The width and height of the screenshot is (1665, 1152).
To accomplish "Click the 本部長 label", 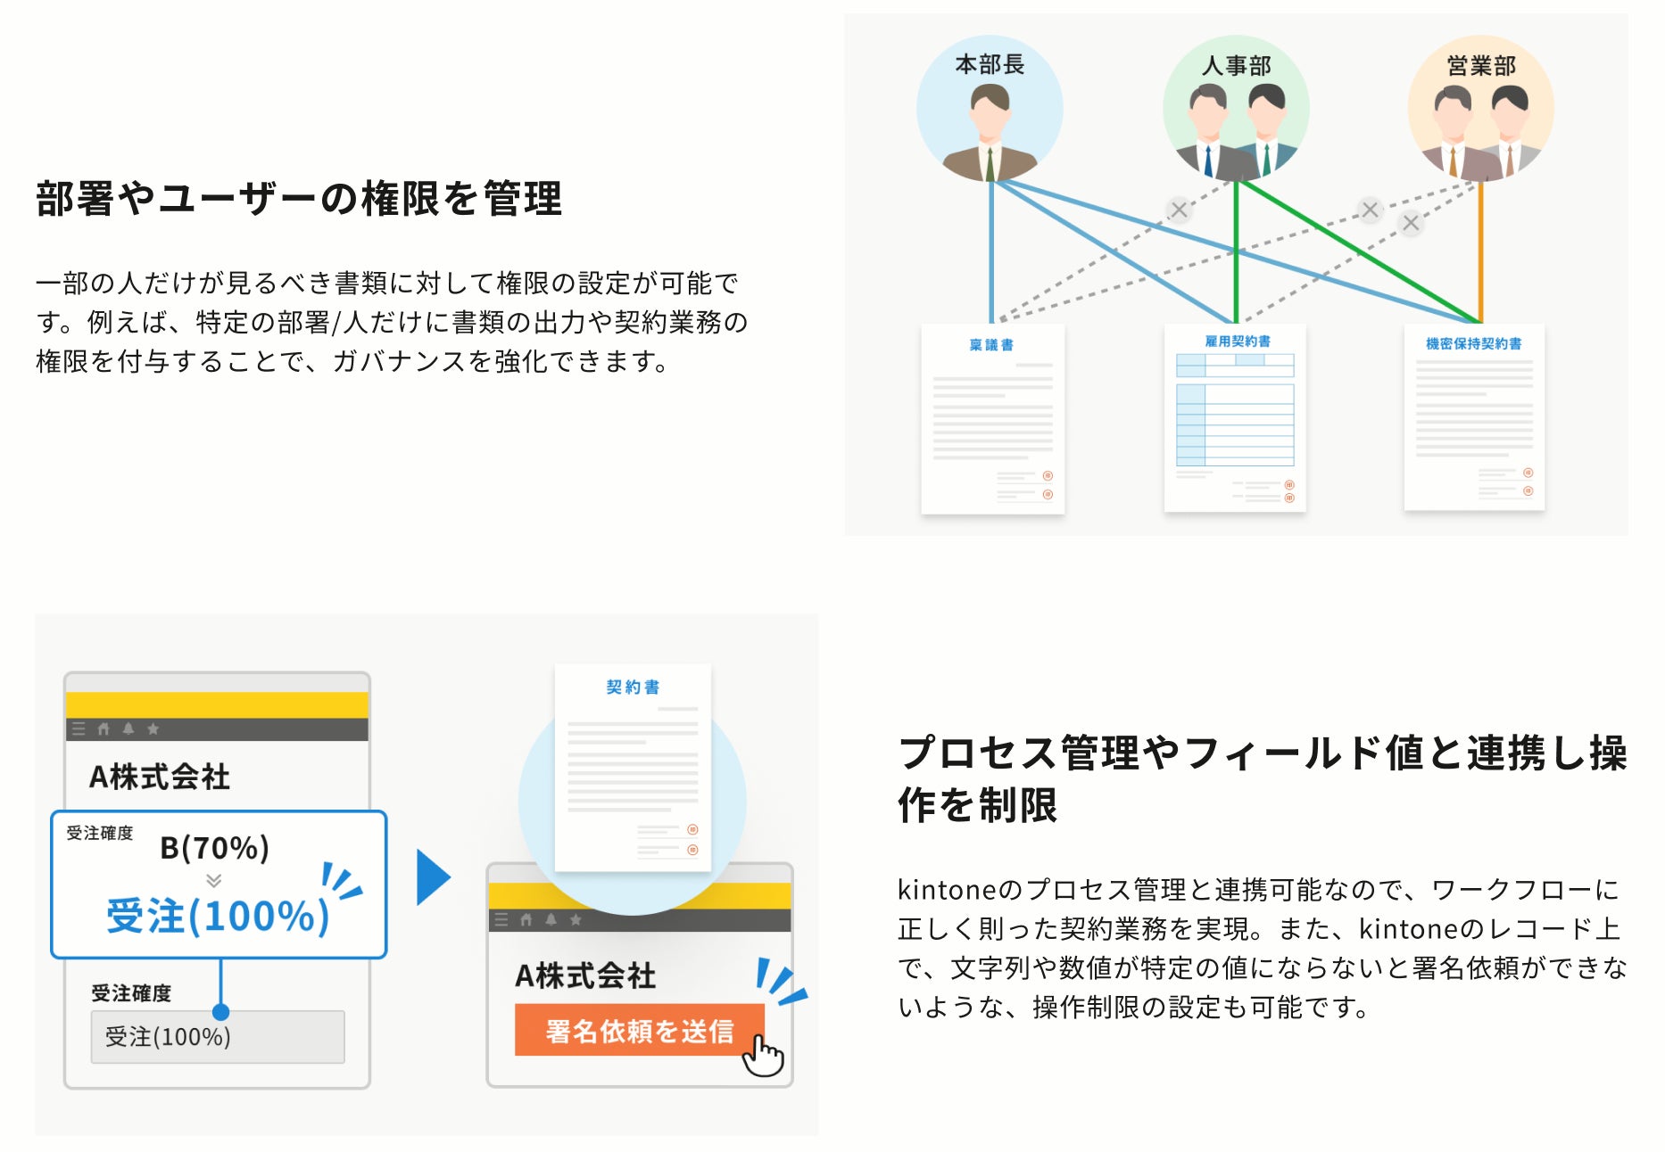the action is pos(989,64).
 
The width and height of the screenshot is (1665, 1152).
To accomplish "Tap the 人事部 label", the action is pos(1236,66).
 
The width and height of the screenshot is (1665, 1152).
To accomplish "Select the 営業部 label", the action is pos(1481,66).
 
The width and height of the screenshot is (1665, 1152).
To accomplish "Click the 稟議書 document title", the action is pos(991,345).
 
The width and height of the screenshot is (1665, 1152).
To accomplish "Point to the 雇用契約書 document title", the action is pos(1237,341).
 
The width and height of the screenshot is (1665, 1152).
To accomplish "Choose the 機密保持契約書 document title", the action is pos(1473,343).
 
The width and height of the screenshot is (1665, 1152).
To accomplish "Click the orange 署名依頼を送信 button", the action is pos(638,1031).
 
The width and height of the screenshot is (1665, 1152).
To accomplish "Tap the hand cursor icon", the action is pos(763,1056).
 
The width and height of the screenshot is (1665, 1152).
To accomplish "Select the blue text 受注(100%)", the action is pos(218,916).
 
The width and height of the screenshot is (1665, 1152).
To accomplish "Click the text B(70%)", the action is pos(214,847).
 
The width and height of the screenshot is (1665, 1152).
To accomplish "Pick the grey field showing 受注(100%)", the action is pos(217,1037).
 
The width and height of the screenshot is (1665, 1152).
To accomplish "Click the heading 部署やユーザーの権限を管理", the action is pos(299,198).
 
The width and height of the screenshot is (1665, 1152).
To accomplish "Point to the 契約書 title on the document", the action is pos(633,687).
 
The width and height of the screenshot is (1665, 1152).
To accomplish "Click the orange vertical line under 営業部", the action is pos(1480,250).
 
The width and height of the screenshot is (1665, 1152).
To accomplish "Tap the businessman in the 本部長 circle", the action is pos(990,134).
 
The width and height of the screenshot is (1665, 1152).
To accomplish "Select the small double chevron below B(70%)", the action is pos(213,881).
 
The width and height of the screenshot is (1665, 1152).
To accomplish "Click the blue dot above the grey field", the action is pos(220,1012).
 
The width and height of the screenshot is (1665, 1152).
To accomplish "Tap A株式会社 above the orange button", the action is pos(585,975).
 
